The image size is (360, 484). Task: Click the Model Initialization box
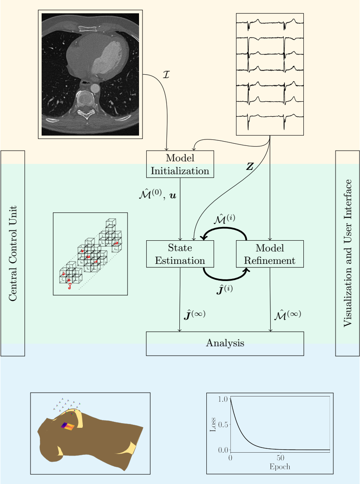[180, 164]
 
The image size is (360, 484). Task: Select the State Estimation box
[180, 254]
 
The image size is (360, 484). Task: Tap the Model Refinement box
[270, 254]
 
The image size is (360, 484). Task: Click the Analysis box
[225, 343]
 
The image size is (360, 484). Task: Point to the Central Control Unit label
[13, 253]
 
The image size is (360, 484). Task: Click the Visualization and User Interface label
[347, 253]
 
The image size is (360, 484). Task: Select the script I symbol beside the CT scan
[167, 74]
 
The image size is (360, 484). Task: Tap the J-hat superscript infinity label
[194, 315]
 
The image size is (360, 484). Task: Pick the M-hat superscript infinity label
[287, 315]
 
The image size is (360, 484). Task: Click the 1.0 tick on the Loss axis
[222, 399]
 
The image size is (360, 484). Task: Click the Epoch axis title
[280, 467]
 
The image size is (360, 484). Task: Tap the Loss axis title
[213, 424]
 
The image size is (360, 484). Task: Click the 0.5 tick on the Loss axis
[222, 424]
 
